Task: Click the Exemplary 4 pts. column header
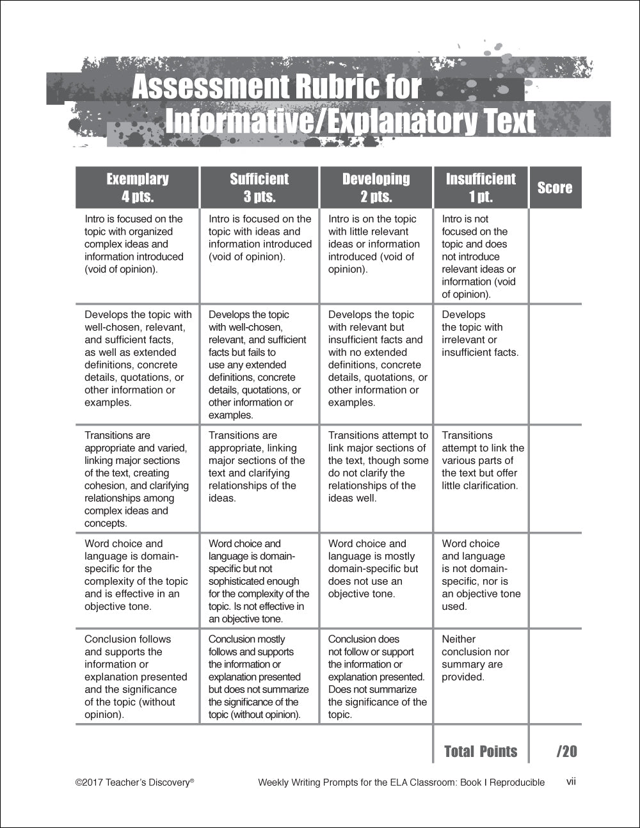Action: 138,187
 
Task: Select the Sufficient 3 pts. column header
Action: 259,187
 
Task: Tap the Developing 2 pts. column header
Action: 376,187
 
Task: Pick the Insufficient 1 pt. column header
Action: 481,187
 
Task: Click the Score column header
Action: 555,187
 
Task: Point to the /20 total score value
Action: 566,751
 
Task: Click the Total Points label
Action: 481,751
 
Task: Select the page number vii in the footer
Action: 571,781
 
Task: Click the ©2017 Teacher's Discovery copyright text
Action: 134,782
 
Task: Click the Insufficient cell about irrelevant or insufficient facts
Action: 480,333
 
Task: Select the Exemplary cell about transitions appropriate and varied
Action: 137,479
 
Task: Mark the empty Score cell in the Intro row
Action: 555,256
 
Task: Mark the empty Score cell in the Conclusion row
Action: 555,676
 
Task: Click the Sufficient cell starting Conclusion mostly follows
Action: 259,676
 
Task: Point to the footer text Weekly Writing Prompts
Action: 401,782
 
